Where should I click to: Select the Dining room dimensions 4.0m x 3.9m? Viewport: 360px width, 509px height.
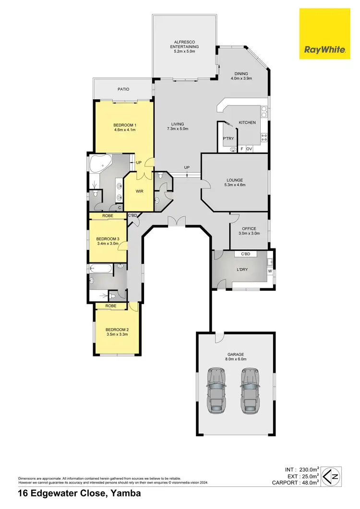241,78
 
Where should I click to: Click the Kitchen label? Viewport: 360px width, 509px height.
247,123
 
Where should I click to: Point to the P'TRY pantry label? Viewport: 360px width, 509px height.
228,139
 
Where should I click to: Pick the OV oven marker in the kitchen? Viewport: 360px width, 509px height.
249,149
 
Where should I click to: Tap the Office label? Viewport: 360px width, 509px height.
249,228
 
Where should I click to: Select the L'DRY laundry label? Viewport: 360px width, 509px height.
242,270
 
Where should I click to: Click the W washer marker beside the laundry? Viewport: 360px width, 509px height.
270,271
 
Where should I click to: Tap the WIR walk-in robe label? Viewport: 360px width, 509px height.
139,191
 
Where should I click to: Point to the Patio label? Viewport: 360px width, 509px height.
124,89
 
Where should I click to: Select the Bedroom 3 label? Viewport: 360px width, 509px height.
104,239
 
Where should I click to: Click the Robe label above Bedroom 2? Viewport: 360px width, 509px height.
111,305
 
